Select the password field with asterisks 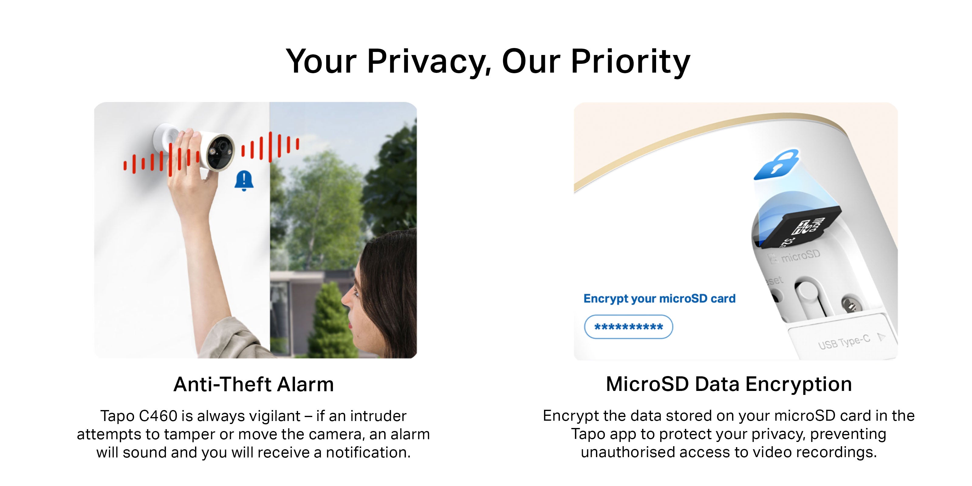(x=628, y=327)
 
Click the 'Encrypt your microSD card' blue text (x=659, y=299)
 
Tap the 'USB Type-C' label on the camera (x=844, y=342)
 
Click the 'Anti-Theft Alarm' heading (x=254, y=385)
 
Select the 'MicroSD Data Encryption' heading (x=729, y=385)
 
